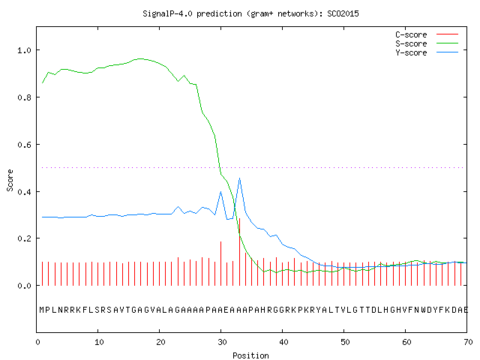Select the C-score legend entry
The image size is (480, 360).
[x=427, y=34]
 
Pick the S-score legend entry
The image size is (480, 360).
[x=427, y=43]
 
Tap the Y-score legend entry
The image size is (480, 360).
[x=427, y=52]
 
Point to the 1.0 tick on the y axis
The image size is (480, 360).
[x=25, y=50]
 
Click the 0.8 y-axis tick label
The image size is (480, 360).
[x=25, y=97]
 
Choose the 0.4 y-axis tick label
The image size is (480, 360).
[x=25, y=192]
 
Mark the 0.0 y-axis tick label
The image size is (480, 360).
[x=25, y=286]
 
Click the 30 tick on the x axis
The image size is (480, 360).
[x=222, y=342]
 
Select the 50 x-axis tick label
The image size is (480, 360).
[x=345, y=342]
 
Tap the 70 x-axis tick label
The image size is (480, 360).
[x=468, y=342]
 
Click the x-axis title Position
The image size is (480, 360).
[x=250, y=355]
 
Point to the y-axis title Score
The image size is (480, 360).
[x=10, y=180]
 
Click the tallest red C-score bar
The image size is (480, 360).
[x=239, y=252]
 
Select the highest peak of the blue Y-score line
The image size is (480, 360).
[x=239, y=178]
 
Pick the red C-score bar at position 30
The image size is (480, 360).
[x=220, y=263]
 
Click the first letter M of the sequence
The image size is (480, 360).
[x=42, y=310]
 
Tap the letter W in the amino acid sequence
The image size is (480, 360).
[x=423, y=310]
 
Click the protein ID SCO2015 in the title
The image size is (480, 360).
[x=343, y=13]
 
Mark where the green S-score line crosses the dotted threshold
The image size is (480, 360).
[x=220, y=167]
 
